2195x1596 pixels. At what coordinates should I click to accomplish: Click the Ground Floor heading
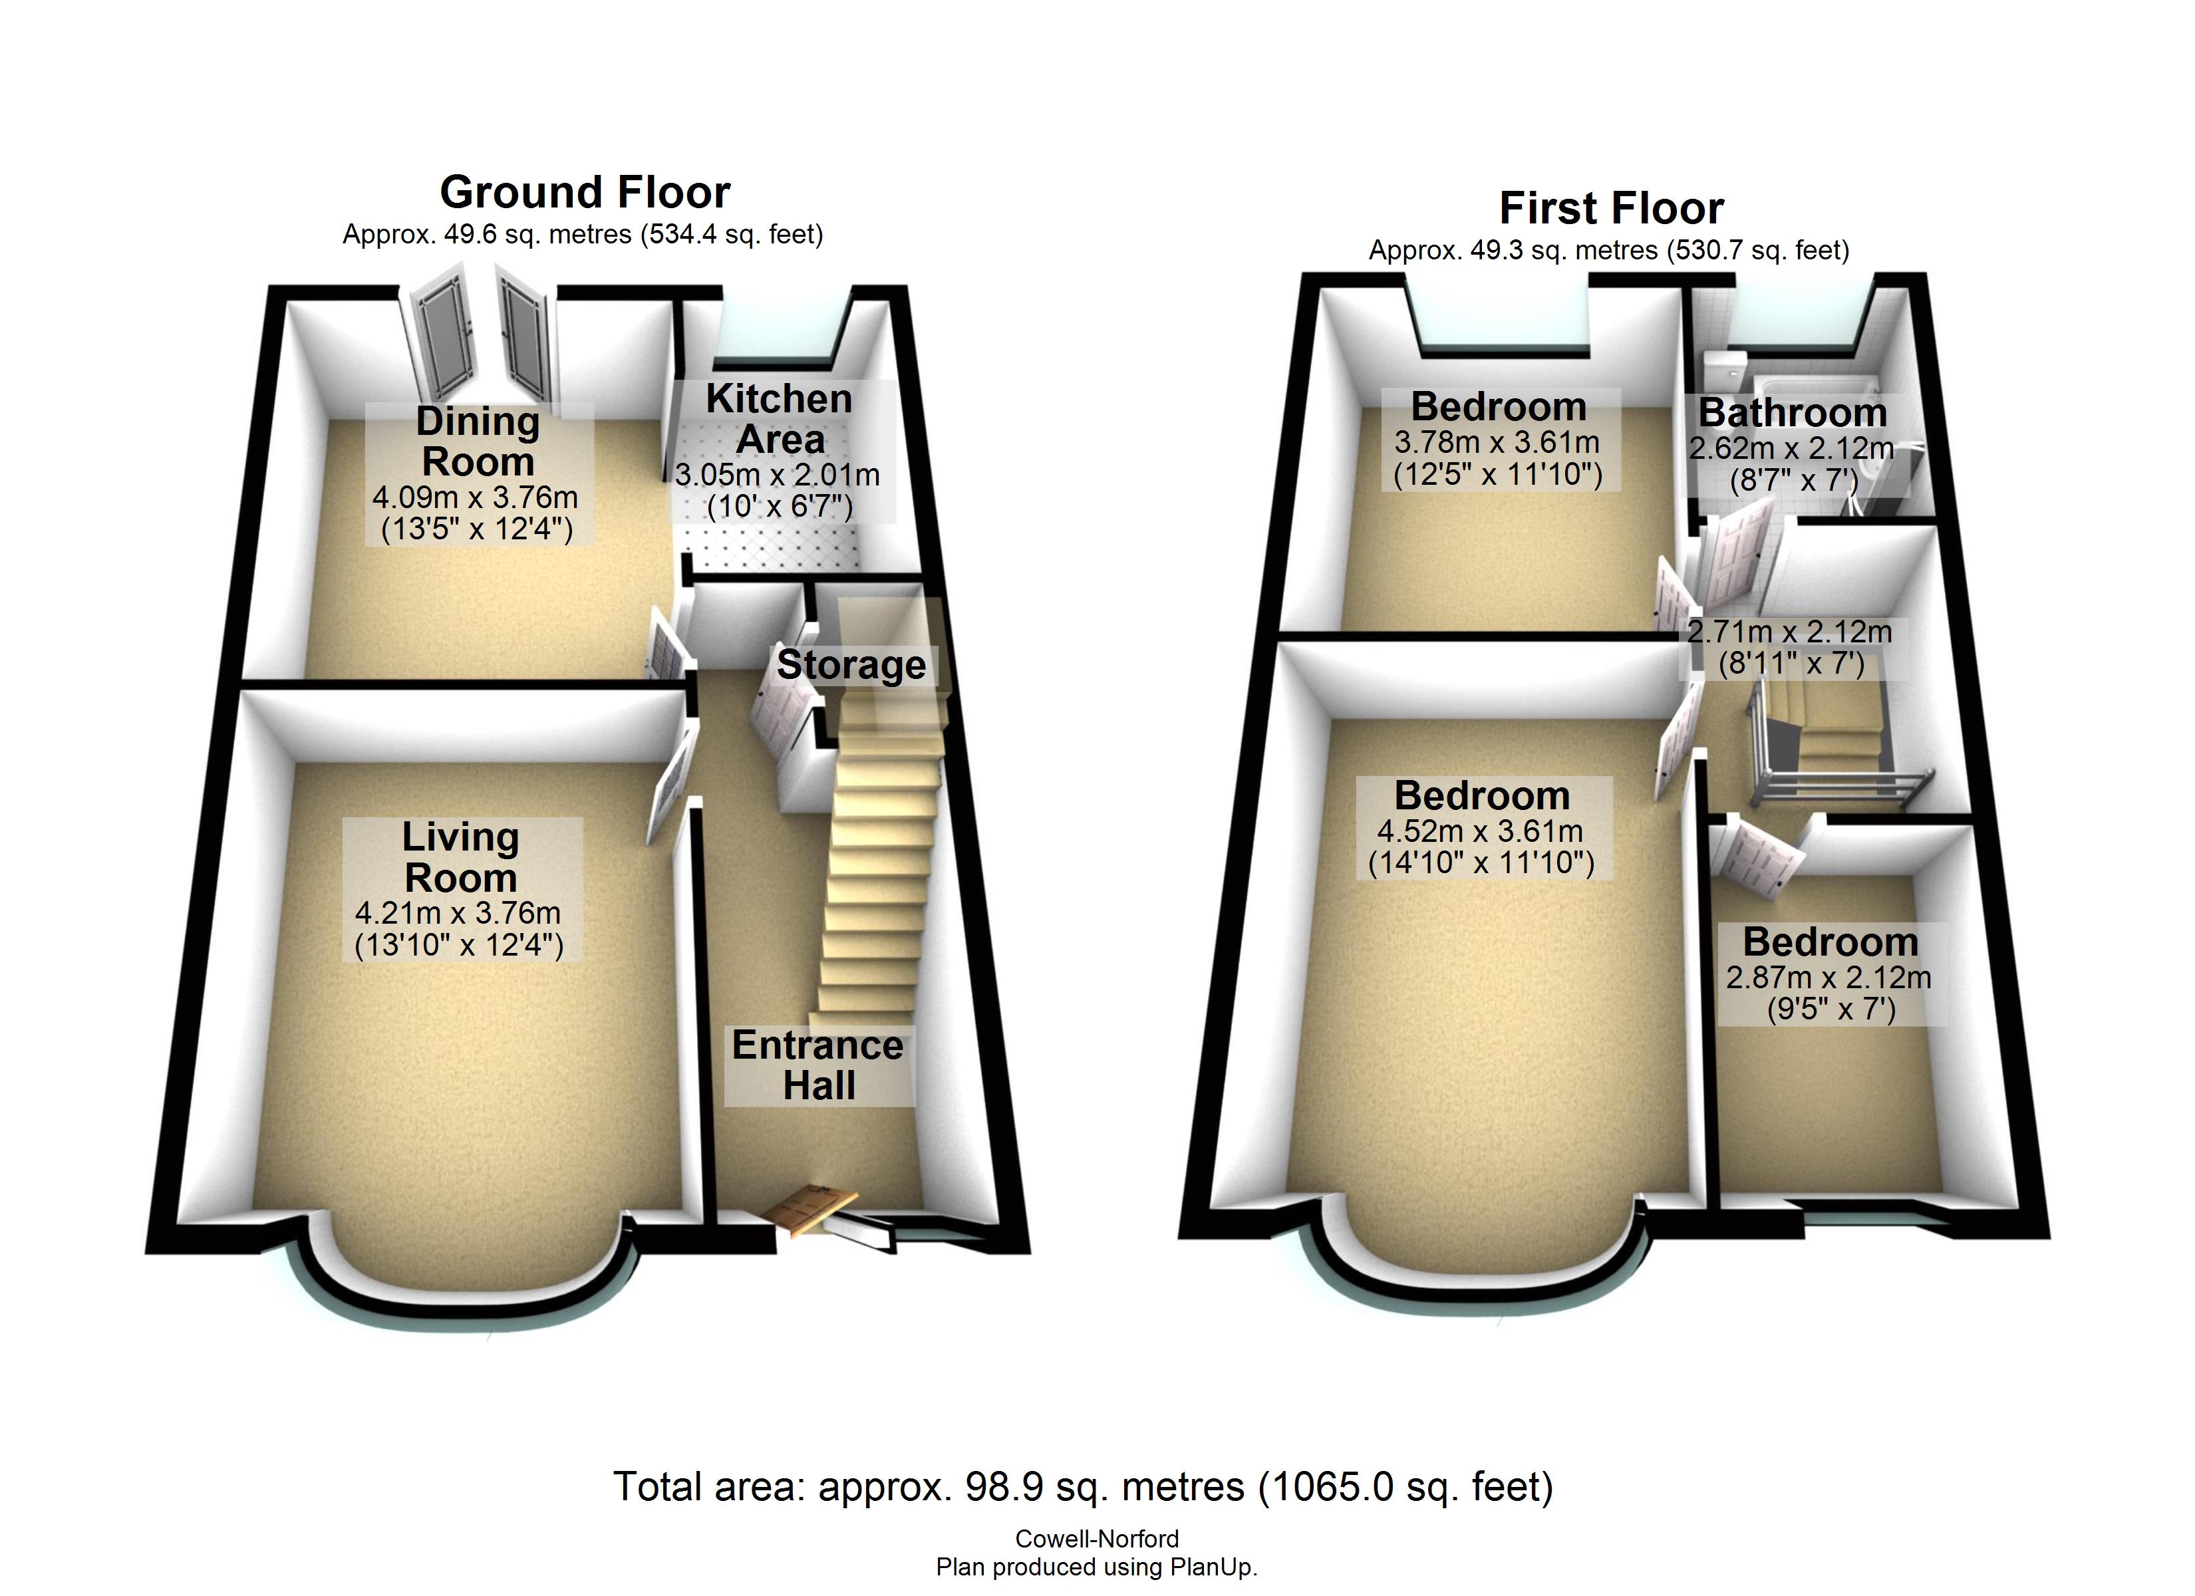pos(585,193)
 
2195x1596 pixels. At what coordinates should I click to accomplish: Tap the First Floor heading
pos(1612,208)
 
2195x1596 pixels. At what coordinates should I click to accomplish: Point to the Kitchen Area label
pos(779,419)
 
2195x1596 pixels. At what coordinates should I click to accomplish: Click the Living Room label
pos(461,858)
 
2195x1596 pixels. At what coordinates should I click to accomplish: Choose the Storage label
pos(851,665)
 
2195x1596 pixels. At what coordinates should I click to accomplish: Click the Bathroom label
pos(1793,413)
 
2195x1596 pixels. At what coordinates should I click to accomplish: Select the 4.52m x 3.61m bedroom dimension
pos(1481,831)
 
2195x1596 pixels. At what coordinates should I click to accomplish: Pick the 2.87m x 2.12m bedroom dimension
pos(1829,978)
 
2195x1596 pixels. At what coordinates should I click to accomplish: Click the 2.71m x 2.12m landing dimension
pos(1789,632)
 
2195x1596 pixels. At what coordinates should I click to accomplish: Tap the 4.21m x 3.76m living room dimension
pos(458,912)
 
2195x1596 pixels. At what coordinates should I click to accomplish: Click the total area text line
pos(1083,1487)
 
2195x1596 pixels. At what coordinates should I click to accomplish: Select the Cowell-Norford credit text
pos(1097,1539)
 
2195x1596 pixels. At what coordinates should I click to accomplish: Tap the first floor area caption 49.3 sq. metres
pos(1608,251)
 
